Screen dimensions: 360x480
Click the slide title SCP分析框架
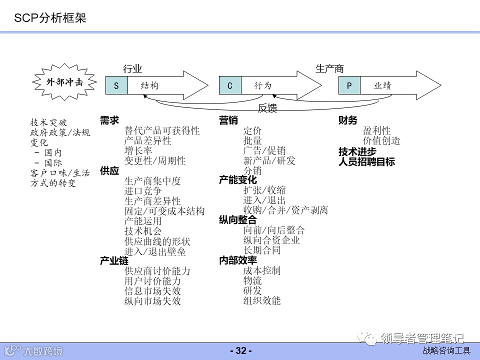click(50, 18)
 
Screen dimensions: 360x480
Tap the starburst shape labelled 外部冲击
click(65, 82)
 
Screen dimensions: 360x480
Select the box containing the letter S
click(116, 85)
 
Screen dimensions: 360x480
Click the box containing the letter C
click(230, 85)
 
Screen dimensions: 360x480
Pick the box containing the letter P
click(349, 85)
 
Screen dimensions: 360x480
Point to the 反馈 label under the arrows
click(267, 108)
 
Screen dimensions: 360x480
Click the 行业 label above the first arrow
click(132, 69)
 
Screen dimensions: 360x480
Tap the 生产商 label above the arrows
click(329, 69)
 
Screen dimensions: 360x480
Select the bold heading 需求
click(109, 120)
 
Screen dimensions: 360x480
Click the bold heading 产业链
click(114, 261)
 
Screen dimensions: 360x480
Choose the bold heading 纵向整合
click(237, 220)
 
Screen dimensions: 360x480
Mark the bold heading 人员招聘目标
click(366, 161)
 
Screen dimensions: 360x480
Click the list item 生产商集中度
click(152, 181)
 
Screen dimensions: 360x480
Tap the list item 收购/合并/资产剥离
click(285, 210)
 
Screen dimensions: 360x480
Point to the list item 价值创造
click(381, 141)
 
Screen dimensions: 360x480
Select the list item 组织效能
click(262, 300)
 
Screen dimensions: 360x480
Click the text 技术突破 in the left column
click(48, 122)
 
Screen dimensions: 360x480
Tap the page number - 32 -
click(240, 351)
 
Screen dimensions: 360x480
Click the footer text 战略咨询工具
click(446, 351)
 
